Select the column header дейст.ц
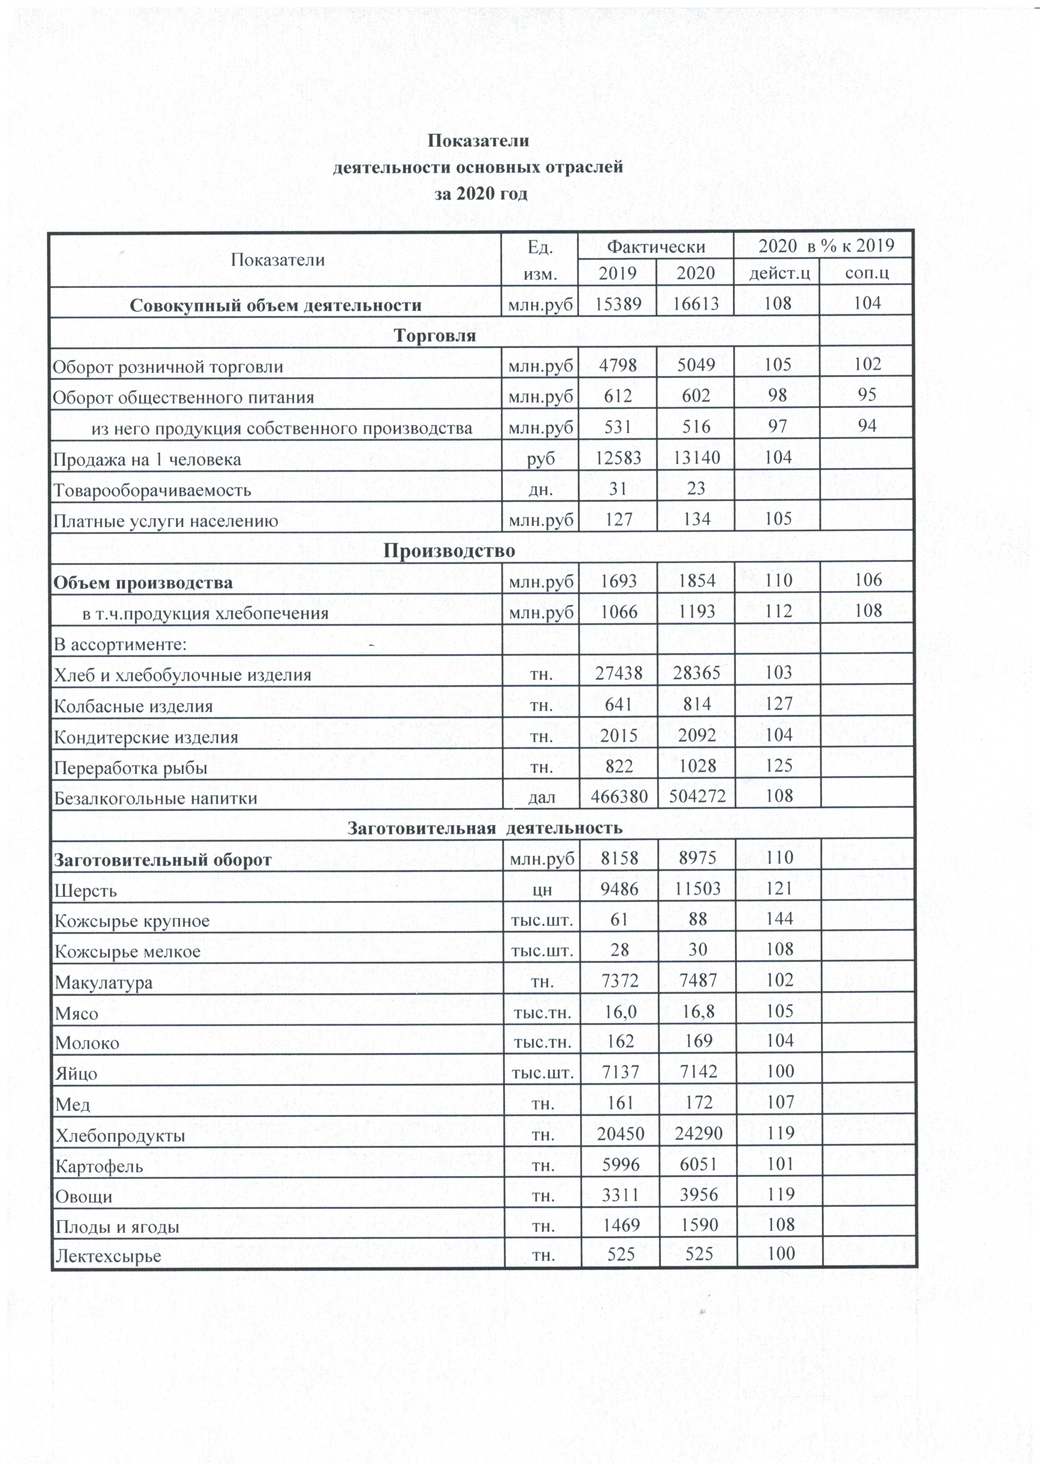(779, 273)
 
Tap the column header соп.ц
(867, 273)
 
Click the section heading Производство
(449, 551)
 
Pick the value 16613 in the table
(697, 304)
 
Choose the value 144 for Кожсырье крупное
(779, 919)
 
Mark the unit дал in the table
(541, 798)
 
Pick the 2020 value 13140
(697, 458)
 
